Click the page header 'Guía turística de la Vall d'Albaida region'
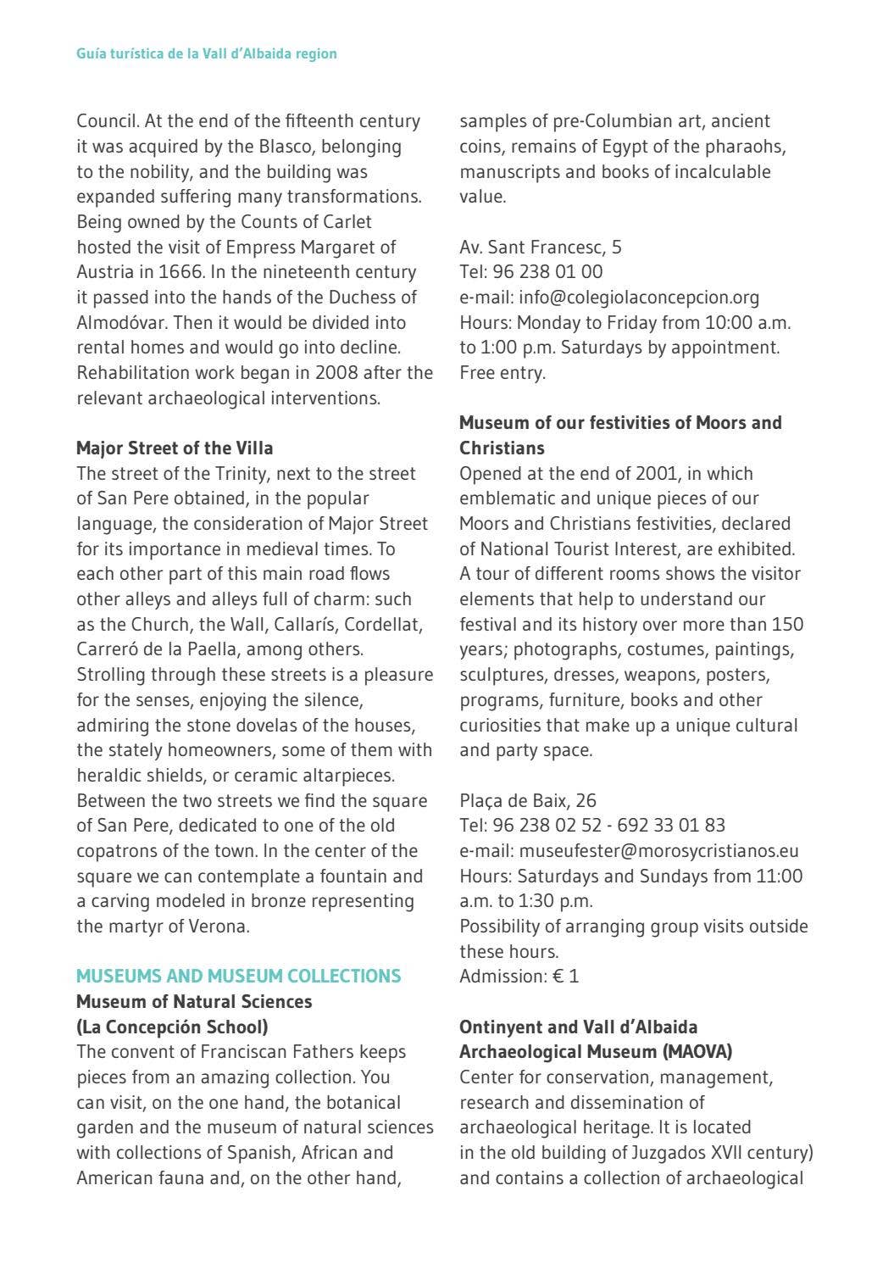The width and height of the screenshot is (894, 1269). [206, 53]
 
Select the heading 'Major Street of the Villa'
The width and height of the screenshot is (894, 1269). [175, 448]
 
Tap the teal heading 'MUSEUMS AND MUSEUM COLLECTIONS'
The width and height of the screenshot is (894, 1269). [238, 976]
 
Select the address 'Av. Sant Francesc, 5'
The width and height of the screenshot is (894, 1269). [540, 247]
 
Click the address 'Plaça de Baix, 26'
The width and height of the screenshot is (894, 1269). [527, 800]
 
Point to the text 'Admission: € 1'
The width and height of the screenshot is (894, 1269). [519, 976]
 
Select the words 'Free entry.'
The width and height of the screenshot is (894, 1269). [502, 372]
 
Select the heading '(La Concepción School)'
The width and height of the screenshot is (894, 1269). [172, 1027]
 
